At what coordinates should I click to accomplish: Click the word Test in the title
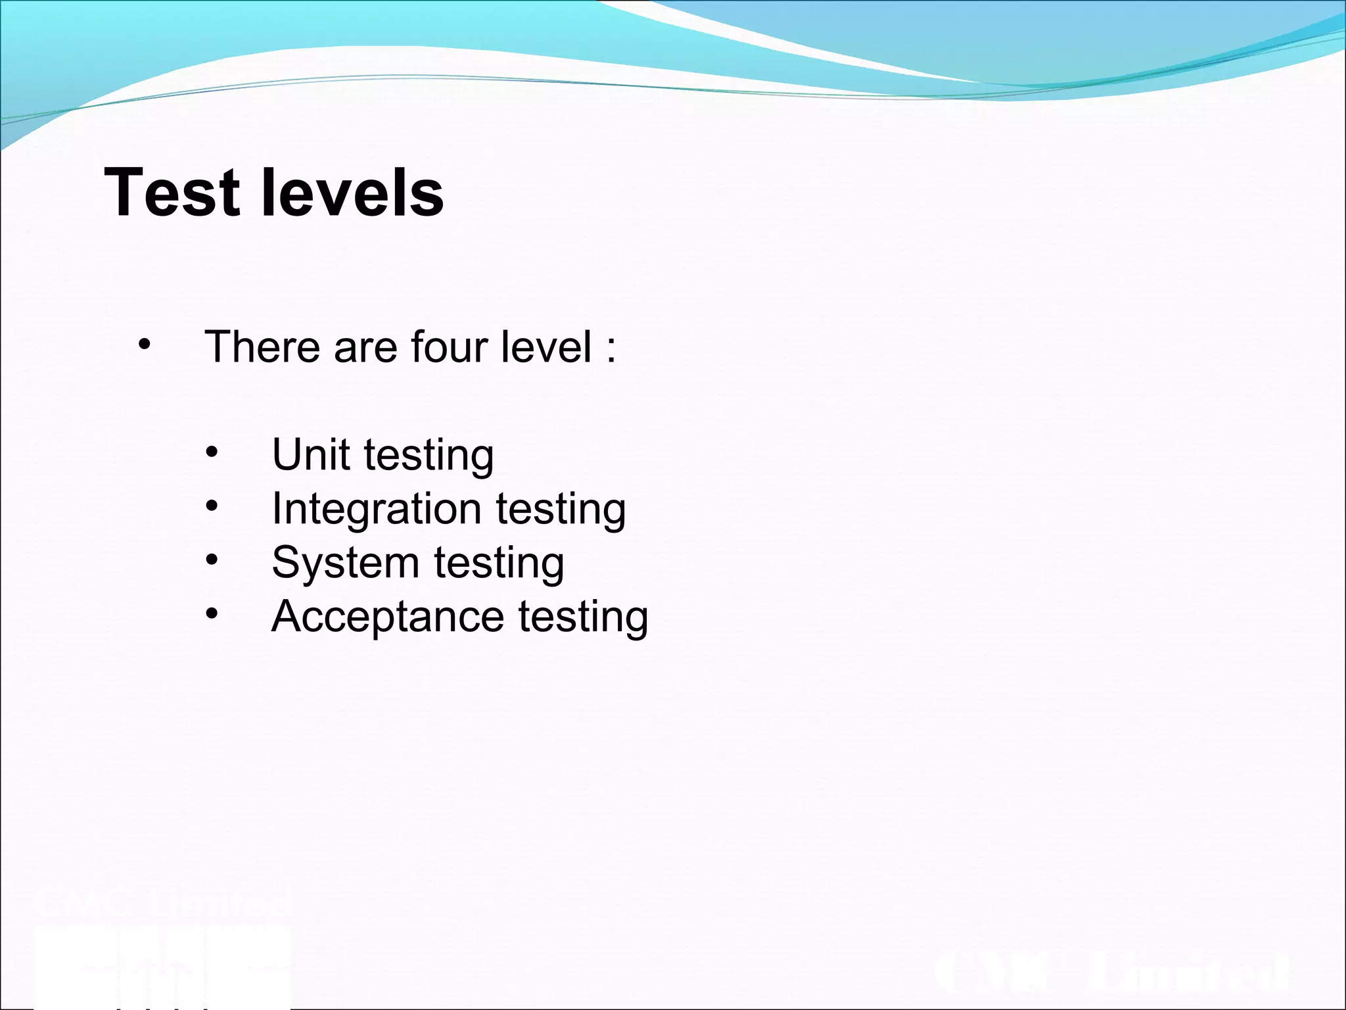pyautogui.click(x=172, y=192)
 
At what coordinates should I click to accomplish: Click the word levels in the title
pyautogui.click(x=353, y=192)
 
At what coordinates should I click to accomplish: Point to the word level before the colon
pyautogui.click(x=545, y=347)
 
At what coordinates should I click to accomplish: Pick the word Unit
pyautogui.click(x=310, y=454)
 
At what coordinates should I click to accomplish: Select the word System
pyautogui.click(x=345, y=563)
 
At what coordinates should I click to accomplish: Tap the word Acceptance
pyautogui.click(x=387, y=617)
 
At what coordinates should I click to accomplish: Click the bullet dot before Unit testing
pyautogui.click(x=211, y=452)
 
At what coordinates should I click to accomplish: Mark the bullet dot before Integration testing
pyautogui.click(x=211, y=506)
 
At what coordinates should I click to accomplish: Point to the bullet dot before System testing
pyautogui.click(x=211, y=560)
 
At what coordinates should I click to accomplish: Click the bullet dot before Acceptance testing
pyautogui.click(x=211, y=614)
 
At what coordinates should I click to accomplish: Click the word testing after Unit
pyautogui.click(x=429, y=454)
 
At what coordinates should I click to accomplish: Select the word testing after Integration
pyautogui.click(x=561, y=509)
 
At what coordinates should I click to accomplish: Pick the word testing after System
pyautogui.click(x=499, y=563)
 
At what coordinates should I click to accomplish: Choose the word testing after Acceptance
pyautogui.click(x=583, y=617)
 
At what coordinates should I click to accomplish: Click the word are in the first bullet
pyautogui.click(x=365, y=347)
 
